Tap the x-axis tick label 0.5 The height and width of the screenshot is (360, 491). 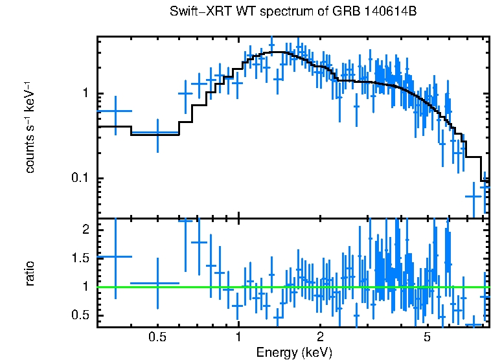157,338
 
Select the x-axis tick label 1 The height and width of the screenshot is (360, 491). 238,338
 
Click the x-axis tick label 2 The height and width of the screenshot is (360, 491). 320,338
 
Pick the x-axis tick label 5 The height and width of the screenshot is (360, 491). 428,338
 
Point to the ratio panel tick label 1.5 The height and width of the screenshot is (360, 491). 80,258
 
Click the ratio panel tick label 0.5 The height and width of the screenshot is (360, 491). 80,315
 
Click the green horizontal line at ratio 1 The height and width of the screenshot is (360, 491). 291,287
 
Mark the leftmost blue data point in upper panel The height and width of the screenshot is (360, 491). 115,111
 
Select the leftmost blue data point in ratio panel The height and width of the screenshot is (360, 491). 115,256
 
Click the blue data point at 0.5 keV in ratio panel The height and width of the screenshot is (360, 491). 157,283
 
